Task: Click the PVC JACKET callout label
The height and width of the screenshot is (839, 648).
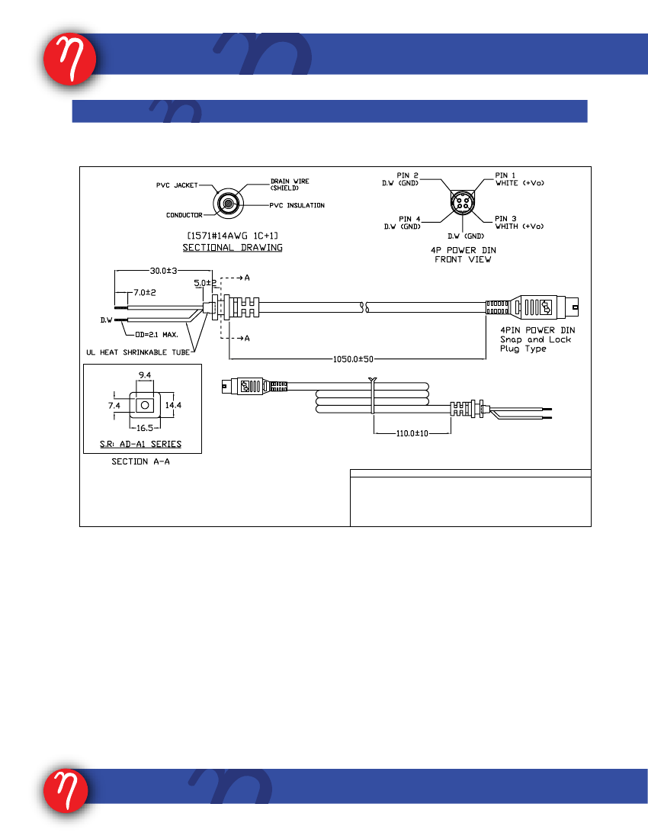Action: pos(177,185)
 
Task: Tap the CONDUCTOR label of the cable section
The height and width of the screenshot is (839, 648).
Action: pos(184,215)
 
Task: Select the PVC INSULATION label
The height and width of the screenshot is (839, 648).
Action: pos(297,205)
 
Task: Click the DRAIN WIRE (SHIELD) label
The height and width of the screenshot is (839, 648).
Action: pos(290,185)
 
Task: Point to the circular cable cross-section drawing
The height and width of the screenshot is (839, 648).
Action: pos(228,204)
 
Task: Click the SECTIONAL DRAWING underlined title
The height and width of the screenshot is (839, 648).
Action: pos(233,248)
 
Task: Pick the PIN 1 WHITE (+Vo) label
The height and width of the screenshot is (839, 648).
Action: pos(520,179)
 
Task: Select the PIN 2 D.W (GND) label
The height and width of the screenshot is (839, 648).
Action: pos(400,179)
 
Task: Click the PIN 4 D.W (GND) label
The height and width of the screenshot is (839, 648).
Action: pos(402,223)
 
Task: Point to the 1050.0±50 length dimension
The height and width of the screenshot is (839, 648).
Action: pos(354,359)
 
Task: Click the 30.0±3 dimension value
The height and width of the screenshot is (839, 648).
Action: pos(164,271)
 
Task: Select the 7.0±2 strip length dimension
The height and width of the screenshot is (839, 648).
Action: pos(145,293)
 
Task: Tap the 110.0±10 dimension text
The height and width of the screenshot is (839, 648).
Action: pos(412,433)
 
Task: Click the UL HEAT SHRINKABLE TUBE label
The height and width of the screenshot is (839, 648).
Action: pos(138,352)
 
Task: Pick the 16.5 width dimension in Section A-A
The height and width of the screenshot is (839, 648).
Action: pos(145,428)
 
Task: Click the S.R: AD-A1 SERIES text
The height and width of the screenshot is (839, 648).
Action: pos(140,444)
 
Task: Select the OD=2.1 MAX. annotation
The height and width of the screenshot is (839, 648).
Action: pos(156,334)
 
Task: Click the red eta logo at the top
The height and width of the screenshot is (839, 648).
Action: pos(70,59)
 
